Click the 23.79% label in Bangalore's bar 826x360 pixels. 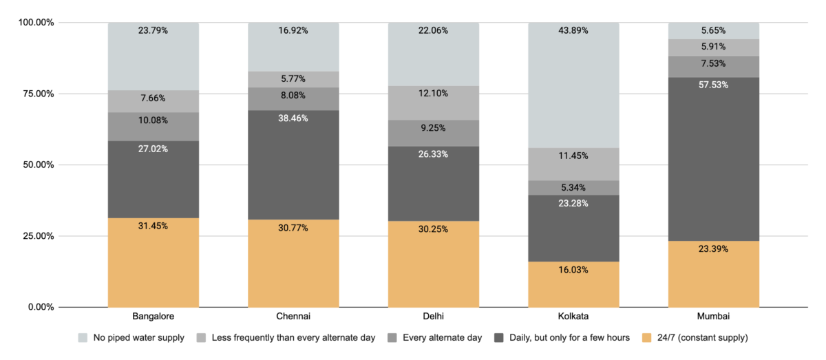click(x=153, y=31)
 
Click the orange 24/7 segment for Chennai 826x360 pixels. click(x=293, y=265)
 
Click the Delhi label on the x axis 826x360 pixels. click(x=434, y=317)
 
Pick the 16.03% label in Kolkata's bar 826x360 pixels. click(x=573, y=271)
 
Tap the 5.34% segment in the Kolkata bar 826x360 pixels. click(x=573, y=187)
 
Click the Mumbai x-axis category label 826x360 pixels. click(x=714, y=317)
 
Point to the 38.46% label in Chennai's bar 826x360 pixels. click(x=293, y=118)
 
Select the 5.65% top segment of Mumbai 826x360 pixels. click(x=714, y=31)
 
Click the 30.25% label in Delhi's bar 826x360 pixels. click(x=434, y=229)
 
